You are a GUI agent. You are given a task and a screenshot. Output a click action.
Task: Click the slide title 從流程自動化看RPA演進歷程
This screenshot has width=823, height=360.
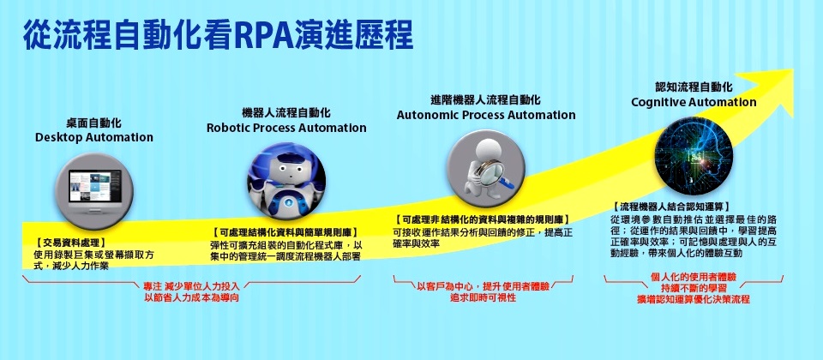pyautogui.click(x=218, y=36)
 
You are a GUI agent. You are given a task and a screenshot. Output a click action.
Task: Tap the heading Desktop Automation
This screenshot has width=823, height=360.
pyautogui.click(x=94, y=137)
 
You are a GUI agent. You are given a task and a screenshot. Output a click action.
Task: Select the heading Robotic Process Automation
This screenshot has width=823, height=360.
pyautogui.click(x=286, y=128)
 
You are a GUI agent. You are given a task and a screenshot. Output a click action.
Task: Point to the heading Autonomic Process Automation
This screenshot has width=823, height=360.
pyautogui.click(x=486, y=115)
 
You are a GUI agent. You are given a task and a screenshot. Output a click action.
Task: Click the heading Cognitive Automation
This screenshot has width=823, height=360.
pyautogui.click(x=694, y=102)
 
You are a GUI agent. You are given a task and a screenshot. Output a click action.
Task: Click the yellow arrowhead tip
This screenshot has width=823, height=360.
pyautogui.click(x=793, y=70)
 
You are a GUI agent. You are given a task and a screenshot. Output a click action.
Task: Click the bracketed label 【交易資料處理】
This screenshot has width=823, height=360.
pyautogui.click(x=71, y=243)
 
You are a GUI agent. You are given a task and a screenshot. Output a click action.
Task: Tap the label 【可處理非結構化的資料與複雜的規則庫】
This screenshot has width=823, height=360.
pyautogui.click(x=483, y=220)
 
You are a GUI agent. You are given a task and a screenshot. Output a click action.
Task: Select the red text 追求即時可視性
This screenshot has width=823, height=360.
pyautogui.click(x=483, y=297)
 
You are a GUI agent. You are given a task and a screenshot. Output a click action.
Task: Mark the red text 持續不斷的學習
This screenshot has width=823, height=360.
pyautogui.click(x=694, y=288)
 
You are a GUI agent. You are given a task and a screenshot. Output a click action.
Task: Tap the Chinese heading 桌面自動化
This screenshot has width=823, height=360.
pyautogui.click(x=94, y=123)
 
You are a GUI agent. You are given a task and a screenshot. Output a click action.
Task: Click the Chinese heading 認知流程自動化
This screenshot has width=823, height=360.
pyautogui.click(x=694, y=87)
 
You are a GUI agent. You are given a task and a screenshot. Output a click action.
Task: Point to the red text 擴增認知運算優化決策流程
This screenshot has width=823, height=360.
pyautogui.click(x=694, y=300)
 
